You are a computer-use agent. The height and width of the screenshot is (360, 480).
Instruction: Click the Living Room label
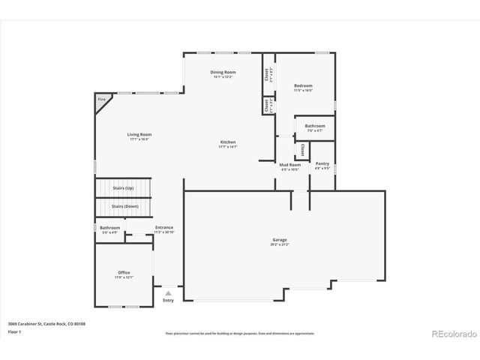pos(139,134)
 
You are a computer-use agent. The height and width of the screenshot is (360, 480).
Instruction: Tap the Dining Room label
pos(223,72)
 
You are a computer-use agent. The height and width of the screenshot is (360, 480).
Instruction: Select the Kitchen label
pos(228,142)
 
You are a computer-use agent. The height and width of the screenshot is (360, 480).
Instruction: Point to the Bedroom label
pos(304,85)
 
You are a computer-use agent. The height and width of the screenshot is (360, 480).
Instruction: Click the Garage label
pos(279,240)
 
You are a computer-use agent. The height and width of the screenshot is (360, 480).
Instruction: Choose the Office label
pos(124,272)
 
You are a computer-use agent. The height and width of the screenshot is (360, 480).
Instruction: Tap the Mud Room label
pos(290,164)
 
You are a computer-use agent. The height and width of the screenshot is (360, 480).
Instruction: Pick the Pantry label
pos(322,163)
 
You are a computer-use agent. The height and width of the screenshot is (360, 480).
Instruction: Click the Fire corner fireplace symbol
pos(101,99)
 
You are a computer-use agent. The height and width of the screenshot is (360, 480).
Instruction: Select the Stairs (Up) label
pos(123,187)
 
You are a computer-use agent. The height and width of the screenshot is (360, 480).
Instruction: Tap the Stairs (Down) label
pos(124,205)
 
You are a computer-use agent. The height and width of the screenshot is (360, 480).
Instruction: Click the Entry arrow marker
pos(168,293)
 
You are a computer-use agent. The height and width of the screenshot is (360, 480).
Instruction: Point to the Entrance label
pos(164,227)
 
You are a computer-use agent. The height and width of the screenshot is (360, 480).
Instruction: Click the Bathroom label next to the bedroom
pos(315,126)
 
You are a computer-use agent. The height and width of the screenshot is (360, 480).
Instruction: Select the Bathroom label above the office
pos(109,227)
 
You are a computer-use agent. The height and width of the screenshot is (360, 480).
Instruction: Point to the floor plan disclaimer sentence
pos(240,334)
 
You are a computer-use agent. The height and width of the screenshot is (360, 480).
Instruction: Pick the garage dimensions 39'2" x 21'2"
pos(279,245)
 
